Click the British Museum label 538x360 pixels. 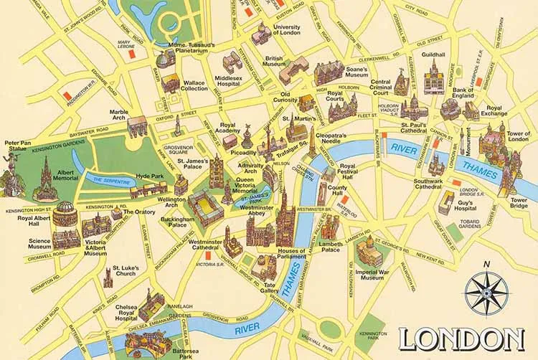pyautogui.click(x=274, y=62)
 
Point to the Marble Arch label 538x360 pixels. pyautogui.click(x=118, y=115)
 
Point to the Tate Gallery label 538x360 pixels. pyautogui.click(x=270, y=288)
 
